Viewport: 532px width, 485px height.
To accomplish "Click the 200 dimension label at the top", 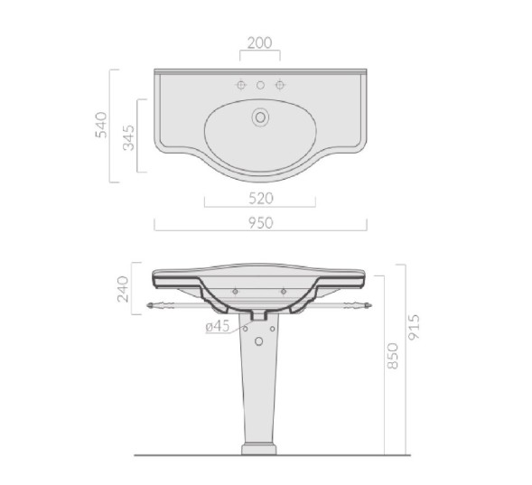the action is pos(259,43).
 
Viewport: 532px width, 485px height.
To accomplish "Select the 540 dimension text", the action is pos(101,125).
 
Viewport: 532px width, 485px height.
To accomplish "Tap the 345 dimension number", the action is pos(128,137).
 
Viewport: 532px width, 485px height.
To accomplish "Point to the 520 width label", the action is pos(260,199).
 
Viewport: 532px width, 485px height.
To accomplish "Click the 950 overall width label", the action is pos(260,223).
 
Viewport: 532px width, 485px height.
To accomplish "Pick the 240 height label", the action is pos(123,289).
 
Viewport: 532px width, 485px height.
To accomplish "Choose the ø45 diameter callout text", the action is pos(218,326).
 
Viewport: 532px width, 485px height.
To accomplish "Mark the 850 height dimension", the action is pos(392,356).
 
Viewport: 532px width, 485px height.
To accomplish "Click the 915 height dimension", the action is pos(414,327).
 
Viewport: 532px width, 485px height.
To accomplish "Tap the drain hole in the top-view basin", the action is pos(260,117).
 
